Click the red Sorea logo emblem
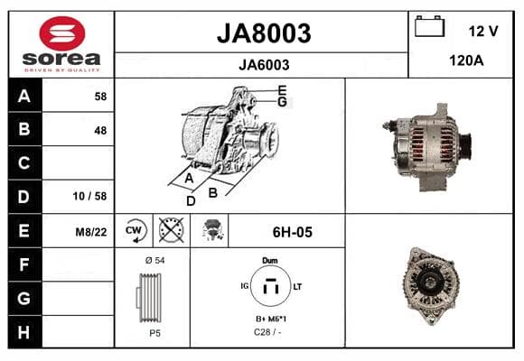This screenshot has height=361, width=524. point(62,33)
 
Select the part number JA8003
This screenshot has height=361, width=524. point(264,33)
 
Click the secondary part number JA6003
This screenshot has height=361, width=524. point(264,65)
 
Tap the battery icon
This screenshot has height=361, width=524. point(429,26)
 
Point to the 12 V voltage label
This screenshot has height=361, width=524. point(483,31)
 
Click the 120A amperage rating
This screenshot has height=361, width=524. point(466,60)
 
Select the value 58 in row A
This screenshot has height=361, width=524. point(100,97)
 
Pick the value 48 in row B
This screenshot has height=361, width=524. point(100,130)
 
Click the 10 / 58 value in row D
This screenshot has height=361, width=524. point(90,196)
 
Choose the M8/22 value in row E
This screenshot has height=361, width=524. point(91,232)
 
